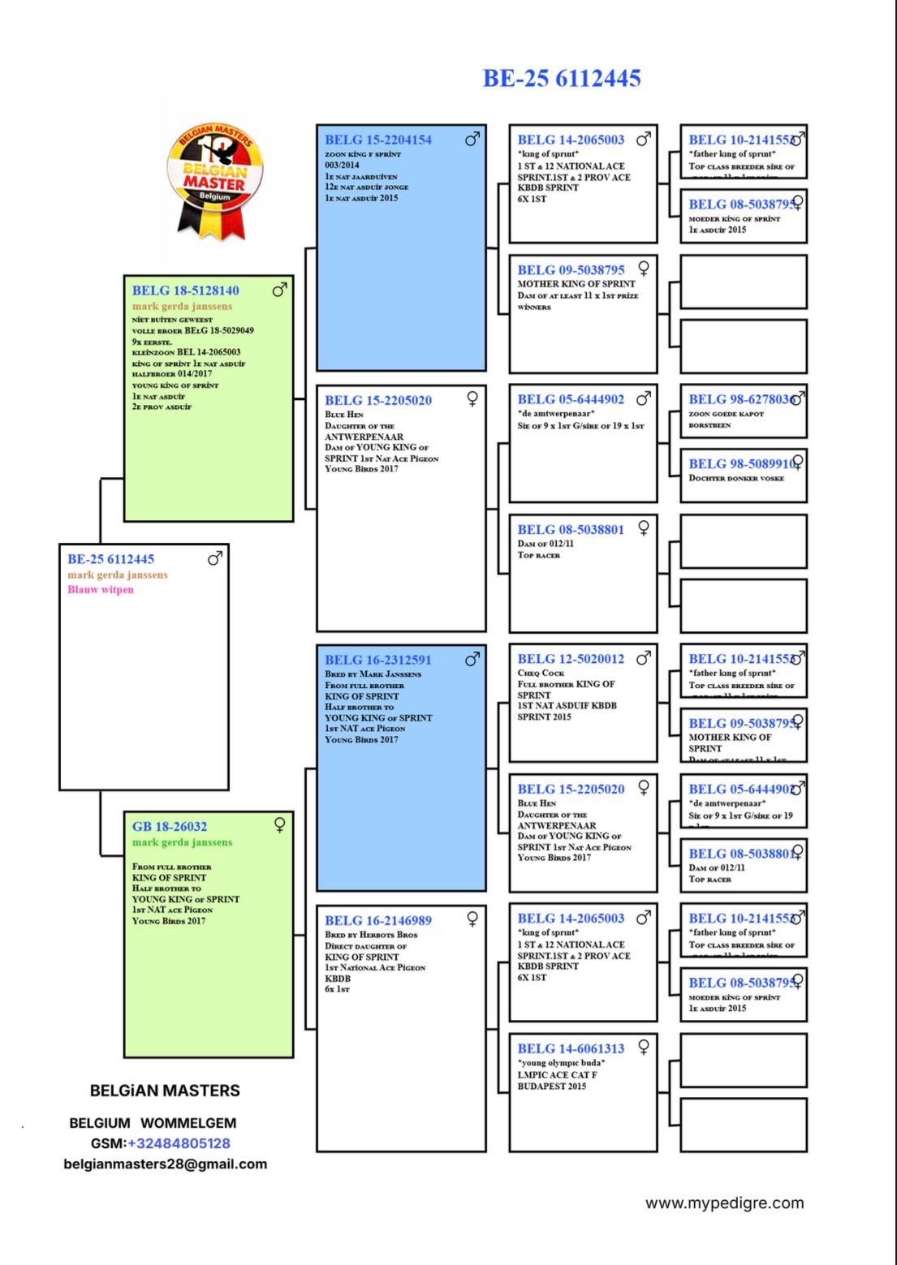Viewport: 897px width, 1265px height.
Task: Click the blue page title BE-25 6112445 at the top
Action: pyautogui.click(x=562, y=79)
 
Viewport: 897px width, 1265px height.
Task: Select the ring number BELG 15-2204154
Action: pyautogui.click(x=378, y=140)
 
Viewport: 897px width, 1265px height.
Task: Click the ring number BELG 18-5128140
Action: pyautogui.click(x=186, y=290)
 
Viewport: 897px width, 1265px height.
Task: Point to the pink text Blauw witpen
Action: pyautogui.click(x=101, y=590)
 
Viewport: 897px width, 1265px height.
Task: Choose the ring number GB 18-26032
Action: pyautogui.click(x=170, y=827)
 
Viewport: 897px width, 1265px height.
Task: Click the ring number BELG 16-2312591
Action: pyautogui.click(x=378, y=660)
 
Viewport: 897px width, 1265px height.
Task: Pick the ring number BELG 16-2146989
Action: pyautogui.click(x=378, y=920)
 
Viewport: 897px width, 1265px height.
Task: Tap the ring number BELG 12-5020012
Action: pyautogui.click(x=571, y=659)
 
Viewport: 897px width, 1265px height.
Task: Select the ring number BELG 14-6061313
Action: pyautogui.click(x=571, y=1048)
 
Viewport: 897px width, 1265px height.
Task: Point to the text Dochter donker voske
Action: pyautogui.click(x=736, y=478)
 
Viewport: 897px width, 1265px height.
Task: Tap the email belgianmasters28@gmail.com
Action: pyautogui.click(x=166, y=1164)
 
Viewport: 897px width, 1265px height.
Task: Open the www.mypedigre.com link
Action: pyautogui.click(x=724, y=1203)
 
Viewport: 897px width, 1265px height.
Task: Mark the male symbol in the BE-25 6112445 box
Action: pyautogui.click(x=215, y=557)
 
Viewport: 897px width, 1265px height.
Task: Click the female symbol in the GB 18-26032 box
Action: pyautogui.click(x=280, y=825)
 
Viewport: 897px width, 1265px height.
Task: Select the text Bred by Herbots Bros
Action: pyautogui.click(x=371, y=935)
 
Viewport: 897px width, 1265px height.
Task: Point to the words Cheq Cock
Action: pyautogui.click(x=541, y=673)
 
